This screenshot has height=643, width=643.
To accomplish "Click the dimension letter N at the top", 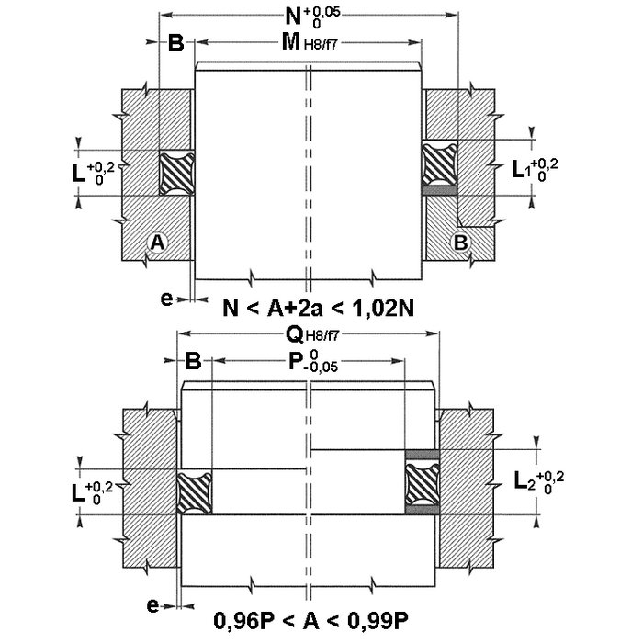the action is [x=293, y=17].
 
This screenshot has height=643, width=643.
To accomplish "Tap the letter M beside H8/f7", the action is [x=291, y=41].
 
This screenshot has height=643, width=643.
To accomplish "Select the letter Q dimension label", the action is [x=294, y=335].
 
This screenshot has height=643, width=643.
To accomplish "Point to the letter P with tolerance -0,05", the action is [x=295, y=361].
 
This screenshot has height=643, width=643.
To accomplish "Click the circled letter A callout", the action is [x=158, y=243].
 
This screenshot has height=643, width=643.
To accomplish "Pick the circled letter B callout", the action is [x=460, y=242].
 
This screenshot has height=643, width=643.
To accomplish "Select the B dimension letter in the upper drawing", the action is [x=176, y=42].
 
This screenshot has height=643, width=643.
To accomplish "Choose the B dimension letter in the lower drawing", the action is [x=193, y=361].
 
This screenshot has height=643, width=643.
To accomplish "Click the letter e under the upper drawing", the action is [x=166, y=299].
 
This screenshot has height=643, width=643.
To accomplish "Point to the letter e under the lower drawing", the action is [x=152, y=605].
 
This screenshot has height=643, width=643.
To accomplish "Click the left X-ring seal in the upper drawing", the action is [x=176, y=173].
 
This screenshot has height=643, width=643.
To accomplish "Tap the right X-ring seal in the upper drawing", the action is [x=439, y=164].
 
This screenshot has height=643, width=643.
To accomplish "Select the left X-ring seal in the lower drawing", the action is [x=195, y=493].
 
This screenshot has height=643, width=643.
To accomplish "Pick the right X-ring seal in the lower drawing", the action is [x=423, y=482].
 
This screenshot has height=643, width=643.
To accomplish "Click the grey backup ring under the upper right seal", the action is [x=439, y=190].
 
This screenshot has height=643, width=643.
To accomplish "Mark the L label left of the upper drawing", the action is [x=79, y=173].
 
